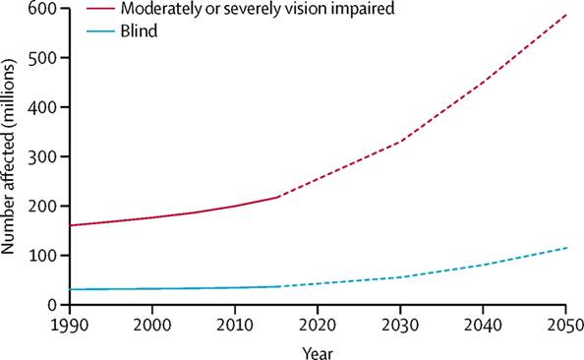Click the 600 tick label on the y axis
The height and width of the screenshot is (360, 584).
point(44,8)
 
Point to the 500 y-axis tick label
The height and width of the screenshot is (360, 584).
point(44,57)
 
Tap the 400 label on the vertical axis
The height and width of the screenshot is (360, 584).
point(44,107)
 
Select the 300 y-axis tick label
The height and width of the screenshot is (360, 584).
point(44,156)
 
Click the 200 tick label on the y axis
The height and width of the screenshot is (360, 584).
point(44,207)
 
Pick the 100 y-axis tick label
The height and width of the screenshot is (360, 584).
point(44,256)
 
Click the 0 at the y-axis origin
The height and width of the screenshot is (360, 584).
point(54,305)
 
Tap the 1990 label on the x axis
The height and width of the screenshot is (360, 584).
point(70,325)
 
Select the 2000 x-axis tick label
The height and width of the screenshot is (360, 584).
point(152,325)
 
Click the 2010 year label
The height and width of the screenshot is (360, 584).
point(235,325)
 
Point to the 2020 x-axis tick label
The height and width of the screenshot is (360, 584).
point(318,325)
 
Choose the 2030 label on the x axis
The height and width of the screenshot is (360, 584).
point(400,325)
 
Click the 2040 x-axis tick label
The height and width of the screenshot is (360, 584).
point(483,325)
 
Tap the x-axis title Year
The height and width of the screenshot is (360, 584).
point(318,352)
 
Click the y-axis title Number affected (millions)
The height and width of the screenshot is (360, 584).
point(8,156)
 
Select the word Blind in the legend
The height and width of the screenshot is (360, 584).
point(139,30)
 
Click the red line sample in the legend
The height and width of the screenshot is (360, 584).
point(100,8)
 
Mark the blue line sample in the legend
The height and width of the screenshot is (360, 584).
point(100,30)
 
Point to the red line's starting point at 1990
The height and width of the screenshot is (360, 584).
point(70,225)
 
